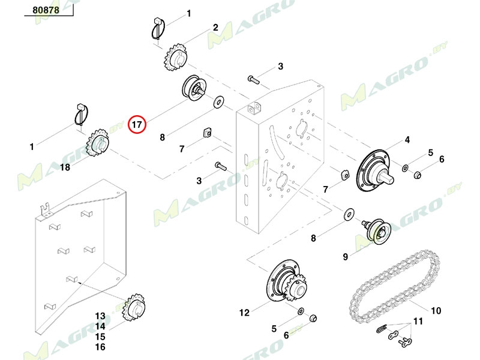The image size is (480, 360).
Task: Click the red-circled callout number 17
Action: pos(137,125)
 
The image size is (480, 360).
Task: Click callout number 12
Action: pos(244,312)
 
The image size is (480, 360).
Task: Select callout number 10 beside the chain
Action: pos(436,311)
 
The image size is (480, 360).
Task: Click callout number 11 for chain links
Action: pos(418,322)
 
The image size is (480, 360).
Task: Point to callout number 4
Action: pos(407,140)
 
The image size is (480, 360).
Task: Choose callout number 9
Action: pos(346,257)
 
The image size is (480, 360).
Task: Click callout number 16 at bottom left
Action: pos(100,347)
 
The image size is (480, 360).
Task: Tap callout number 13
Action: pos(100,316)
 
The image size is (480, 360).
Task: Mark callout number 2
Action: pos(215,28)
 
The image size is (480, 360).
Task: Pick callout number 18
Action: pos(65,167)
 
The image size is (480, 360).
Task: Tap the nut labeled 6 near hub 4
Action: pos(419,175)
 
